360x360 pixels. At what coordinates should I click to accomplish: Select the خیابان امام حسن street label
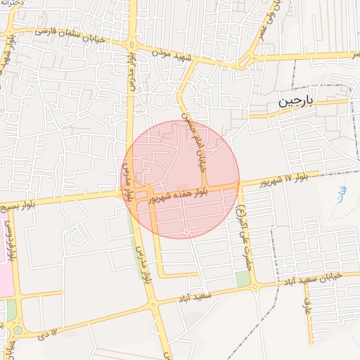[x=193, y=136]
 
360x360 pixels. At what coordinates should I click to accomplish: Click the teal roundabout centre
[x=17, y=329]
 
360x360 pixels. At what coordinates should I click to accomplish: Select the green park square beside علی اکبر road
[x=243, y=278]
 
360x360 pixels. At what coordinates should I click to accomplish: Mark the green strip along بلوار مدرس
[x=135, y=239]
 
